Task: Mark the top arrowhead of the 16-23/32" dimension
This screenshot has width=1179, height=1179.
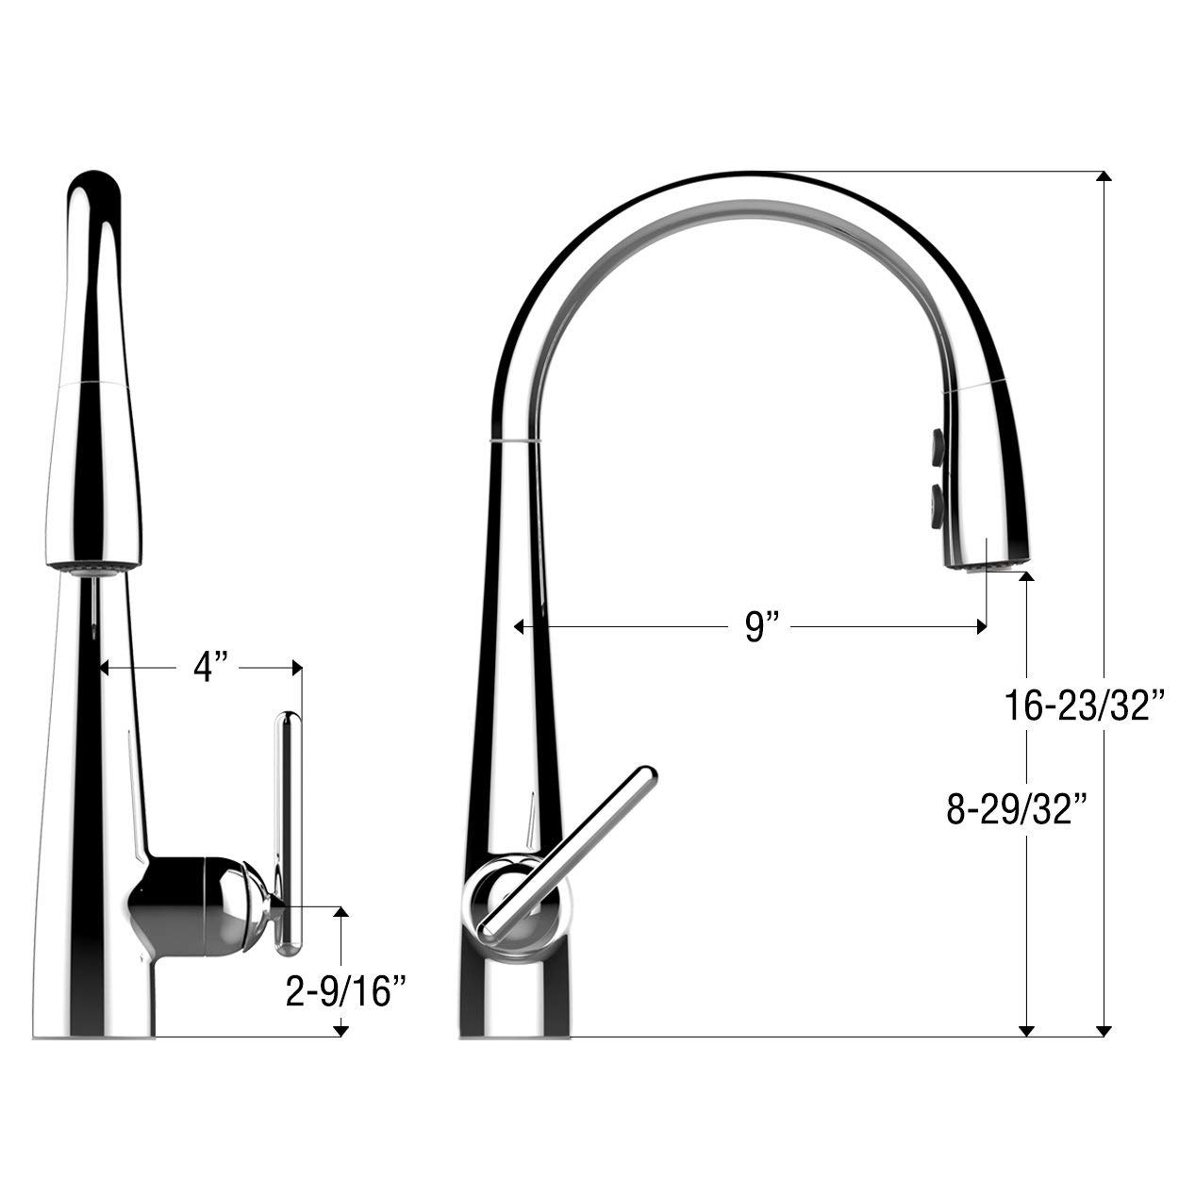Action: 1104,176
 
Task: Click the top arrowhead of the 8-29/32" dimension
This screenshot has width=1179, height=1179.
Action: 1027,576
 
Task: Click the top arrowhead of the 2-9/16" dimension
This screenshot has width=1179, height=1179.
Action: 342,912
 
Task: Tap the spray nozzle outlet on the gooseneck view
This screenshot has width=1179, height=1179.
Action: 985,565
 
